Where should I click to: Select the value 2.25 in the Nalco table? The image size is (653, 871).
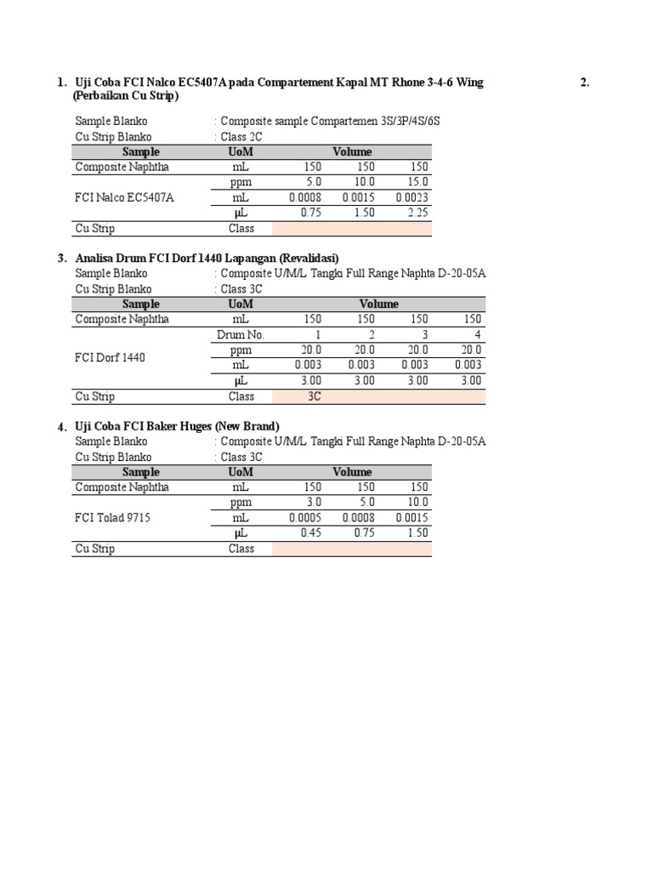point(416,213)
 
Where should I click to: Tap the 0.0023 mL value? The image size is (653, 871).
point(412,197)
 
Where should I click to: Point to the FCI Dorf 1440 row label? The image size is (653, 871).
point(110,357)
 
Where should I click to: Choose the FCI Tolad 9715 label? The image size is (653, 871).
point(112,517)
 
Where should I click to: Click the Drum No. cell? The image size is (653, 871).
point(241,334)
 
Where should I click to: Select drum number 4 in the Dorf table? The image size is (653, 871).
point(477,334)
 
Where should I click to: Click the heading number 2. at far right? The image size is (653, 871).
point(584,83)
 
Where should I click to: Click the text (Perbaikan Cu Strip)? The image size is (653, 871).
point(126,96)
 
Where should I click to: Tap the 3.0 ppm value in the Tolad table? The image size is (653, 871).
point(314,502)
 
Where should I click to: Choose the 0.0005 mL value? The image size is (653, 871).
point(305,517)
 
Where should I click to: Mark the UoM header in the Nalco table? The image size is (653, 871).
point(241,151)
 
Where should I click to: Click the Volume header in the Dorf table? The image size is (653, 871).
point(378,304)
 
